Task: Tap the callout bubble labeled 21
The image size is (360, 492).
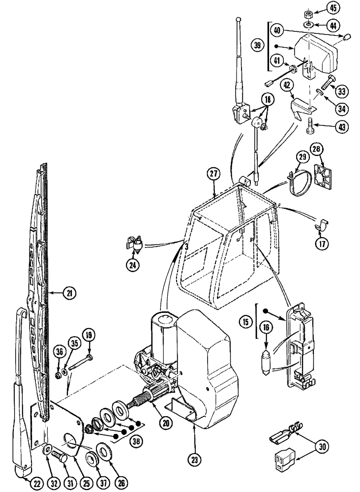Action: pos(69,294)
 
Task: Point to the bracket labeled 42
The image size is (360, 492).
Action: pos(299,108)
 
